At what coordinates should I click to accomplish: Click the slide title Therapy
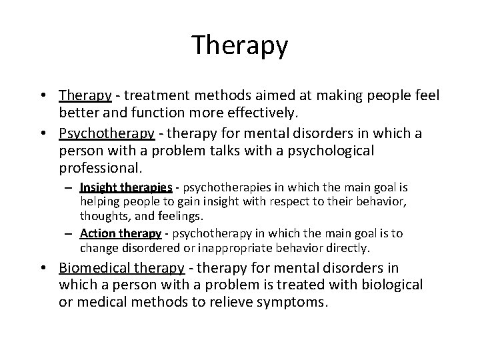point(240,46)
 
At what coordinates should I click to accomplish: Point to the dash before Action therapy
point(71,234)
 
